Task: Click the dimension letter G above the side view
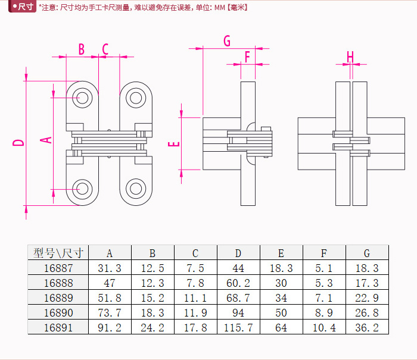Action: pyautogui.click(x=226, y=40)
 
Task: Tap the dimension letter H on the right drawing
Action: pyautogui.click(x=350, y=57)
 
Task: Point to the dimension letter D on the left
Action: pyautogui.click(x=19, y=142)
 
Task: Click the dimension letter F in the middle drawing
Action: pyautogui.click(x=247, y=57)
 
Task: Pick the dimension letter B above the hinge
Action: pyautogui.click(x=81, y=49)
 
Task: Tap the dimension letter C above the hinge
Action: pyautogui.click(x=105, y=49)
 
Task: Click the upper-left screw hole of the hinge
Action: pyautogui.click(x=82, y=96)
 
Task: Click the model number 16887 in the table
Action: pyautogui.click(x=58, y=268)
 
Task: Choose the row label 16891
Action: pyautogui.click(x=58, y=327)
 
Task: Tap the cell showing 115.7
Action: pyautogui.click(x=238, y=327)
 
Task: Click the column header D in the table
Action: pyautogui.click(x=238, y=253)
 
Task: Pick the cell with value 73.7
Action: pyautogui.click(x=109, y=312)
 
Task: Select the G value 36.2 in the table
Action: pyautogui.click(x=367, y=327)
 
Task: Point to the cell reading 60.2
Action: pyautogui.click(x=238, y=283)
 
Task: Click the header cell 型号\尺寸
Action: pyautogui.click(x=58, y=253)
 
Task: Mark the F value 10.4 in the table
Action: pyautogui.click(x=324, y=327)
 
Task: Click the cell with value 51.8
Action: pyautogui.click(x=109, y=298)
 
